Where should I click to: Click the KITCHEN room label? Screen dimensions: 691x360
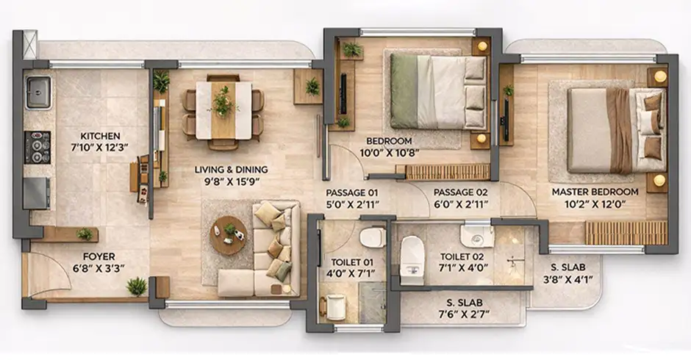coord(100,136)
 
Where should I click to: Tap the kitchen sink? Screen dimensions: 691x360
coord(38,93)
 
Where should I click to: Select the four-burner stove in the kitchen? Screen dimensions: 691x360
coord(37,147)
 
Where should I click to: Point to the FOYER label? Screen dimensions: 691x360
coord(99,256)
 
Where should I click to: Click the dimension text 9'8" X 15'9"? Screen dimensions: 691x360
coord(231,181)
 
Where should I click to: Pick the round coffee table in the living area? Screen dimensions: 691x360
coord(229,235)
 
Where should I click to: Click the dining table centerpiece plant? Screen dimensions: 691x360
coord(224,101)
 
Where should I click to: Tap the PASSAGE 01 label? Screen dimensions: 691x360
coord(351,192)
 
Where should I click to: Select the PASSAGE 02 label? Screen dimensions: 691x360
coord(460,192)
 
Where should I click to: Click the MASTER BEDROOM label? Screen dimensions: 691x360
coord(595,192)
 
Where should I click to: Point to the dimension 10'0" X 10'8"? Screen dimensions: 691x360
coord(389,153)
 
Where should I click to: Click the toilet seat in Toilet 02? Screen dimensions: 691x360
coord(412,260)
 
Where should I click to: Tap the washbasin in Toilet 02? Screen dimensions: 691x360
coord(477,235)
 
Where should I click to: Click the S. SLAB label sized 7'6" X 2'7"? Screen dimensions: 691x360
coord(465,303)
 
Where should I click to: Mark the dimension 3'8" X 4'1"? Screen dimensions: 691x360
coord(568,279)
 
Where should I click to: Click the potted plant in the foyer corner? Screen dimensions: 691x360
coord(137,287)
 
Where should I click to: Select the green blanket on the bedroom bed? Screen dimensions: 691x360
coord(404,91)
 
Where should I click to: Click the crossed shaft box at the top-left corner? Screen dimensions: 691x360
coord(30,44)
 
